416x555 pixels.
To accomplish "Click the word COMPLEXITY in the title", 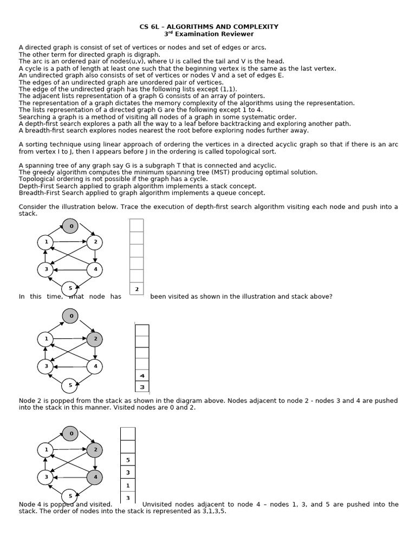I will pyautogui.click(x=256, y=26).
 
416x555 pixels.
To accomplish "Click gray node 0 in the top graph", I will pyautogui.click(x=70, y=225).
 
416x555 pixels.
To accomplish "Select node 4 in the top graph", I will pyautogui.click(x=95, y=268).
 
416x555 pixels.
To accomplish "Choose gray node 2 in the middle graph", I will pyautogui.click(x=95, y=339).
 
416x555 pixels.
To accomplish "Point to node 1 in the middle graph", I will pyautogui.click(x=45, y=339).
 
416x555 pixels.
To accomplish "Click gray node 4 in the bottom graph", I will pyautogui.click(x=95, y=477).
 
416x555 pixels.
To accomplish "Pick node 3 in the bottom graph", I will pyautogui.click(x=45, y=477).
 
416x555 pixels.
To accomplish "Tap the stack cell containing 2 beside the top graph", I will pyautogui.click(x=136, y=289).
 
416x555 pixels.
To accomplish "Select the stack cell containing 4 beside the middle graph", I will pyautogui.click(x=142, y=376).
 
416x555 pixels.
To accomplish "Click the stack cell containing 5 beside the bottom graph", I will pyautogui.click(x=128, y=460).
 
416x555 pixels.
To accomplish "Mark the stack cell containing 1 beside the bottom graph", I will pyautogui.click(x=128, y=485).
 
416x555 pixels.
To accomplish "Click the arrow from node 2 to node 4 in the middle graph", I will pyautogui.click(x=95, y=353).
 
